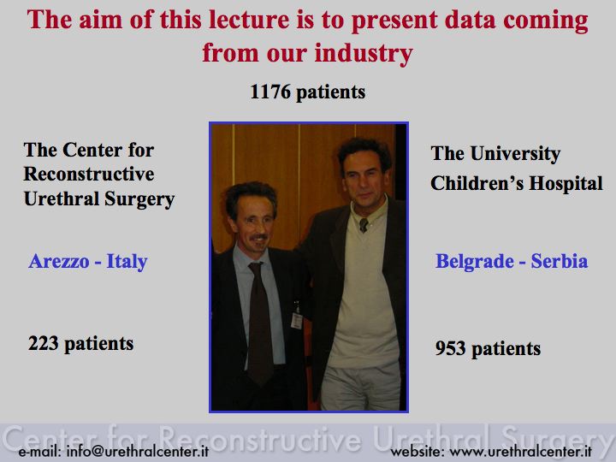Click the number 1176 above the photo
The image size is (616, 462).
[270, 92]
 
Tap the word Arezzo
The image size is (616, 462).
[59, 261]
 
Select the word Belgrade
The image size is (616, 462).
[475, 262]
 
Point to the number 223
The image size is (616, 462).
[44, 343]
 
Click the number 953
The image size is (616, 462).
[450, 348]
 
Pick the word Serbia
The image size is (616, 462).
[560, 261]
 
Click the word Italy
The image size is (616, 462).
[127, 262]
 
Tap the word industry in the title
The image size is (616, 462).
[364, 53]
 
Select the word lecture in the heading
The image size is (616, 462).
[249, 20]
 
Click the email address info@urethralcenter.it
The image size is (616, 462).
[138, 452]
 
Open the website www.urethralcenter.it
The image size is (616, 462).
[520, 452]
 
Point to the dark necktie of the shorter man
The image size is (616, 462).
[259, 323]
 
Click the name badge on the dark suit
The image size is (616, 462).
[297, 320]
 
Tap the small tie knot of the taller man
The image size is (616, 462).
[364, 225]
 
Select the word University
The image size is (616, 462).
[515, 154]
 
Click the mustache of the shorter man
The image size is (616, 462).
[259, 237]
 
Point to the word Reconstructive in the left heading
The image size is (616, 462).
[89, 175]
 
